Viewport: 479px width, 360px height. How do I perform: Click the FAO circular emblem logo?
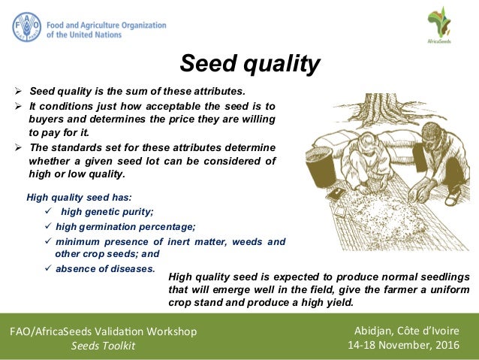pos(27,27)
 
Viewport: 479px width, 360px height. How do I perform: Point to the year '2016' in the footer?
pos(445,346)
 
